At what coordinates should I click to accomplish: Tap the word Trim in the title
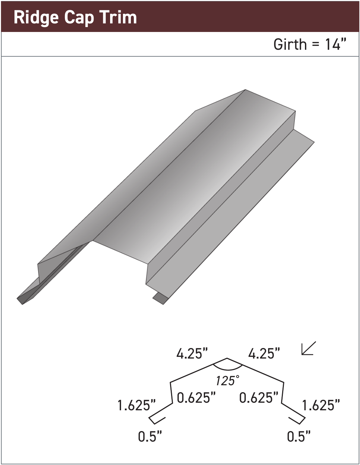pyautogui.click(x=118, y=17)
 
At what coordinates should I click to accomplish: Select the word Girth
pyautogui.click(x=290, y=44)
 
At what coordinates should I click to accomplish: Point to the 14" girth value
pyautogui.click(x=336, y=44)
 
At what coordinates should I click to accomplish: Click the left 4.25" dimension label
pyautogui.click(x=192, y=354)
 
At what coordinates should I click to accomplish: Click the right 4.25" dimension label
pyautogui.click(x=264, y=354)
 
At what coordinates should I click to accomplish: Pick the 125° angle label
pyautogui.click(x=227, y=381)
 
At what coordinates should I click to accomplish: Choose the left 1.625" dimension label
pyautogui.click(x=136, y=405)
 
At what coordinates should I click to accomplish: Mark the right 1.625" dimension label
pyautogui.click(x=321, y=405)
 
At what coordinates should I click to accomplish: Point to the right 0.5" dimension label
pyautogui.click(x=299, y=436)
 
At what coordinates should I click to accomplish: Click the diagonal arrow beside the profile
pyautogui.click(x=309, y=348)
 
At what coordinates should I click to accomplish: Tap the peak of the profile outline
pyautogui.click(x=227, y=358)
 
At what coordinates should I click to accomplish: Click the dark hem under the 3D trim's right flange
pyautogui.click(x=161, y=298)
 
